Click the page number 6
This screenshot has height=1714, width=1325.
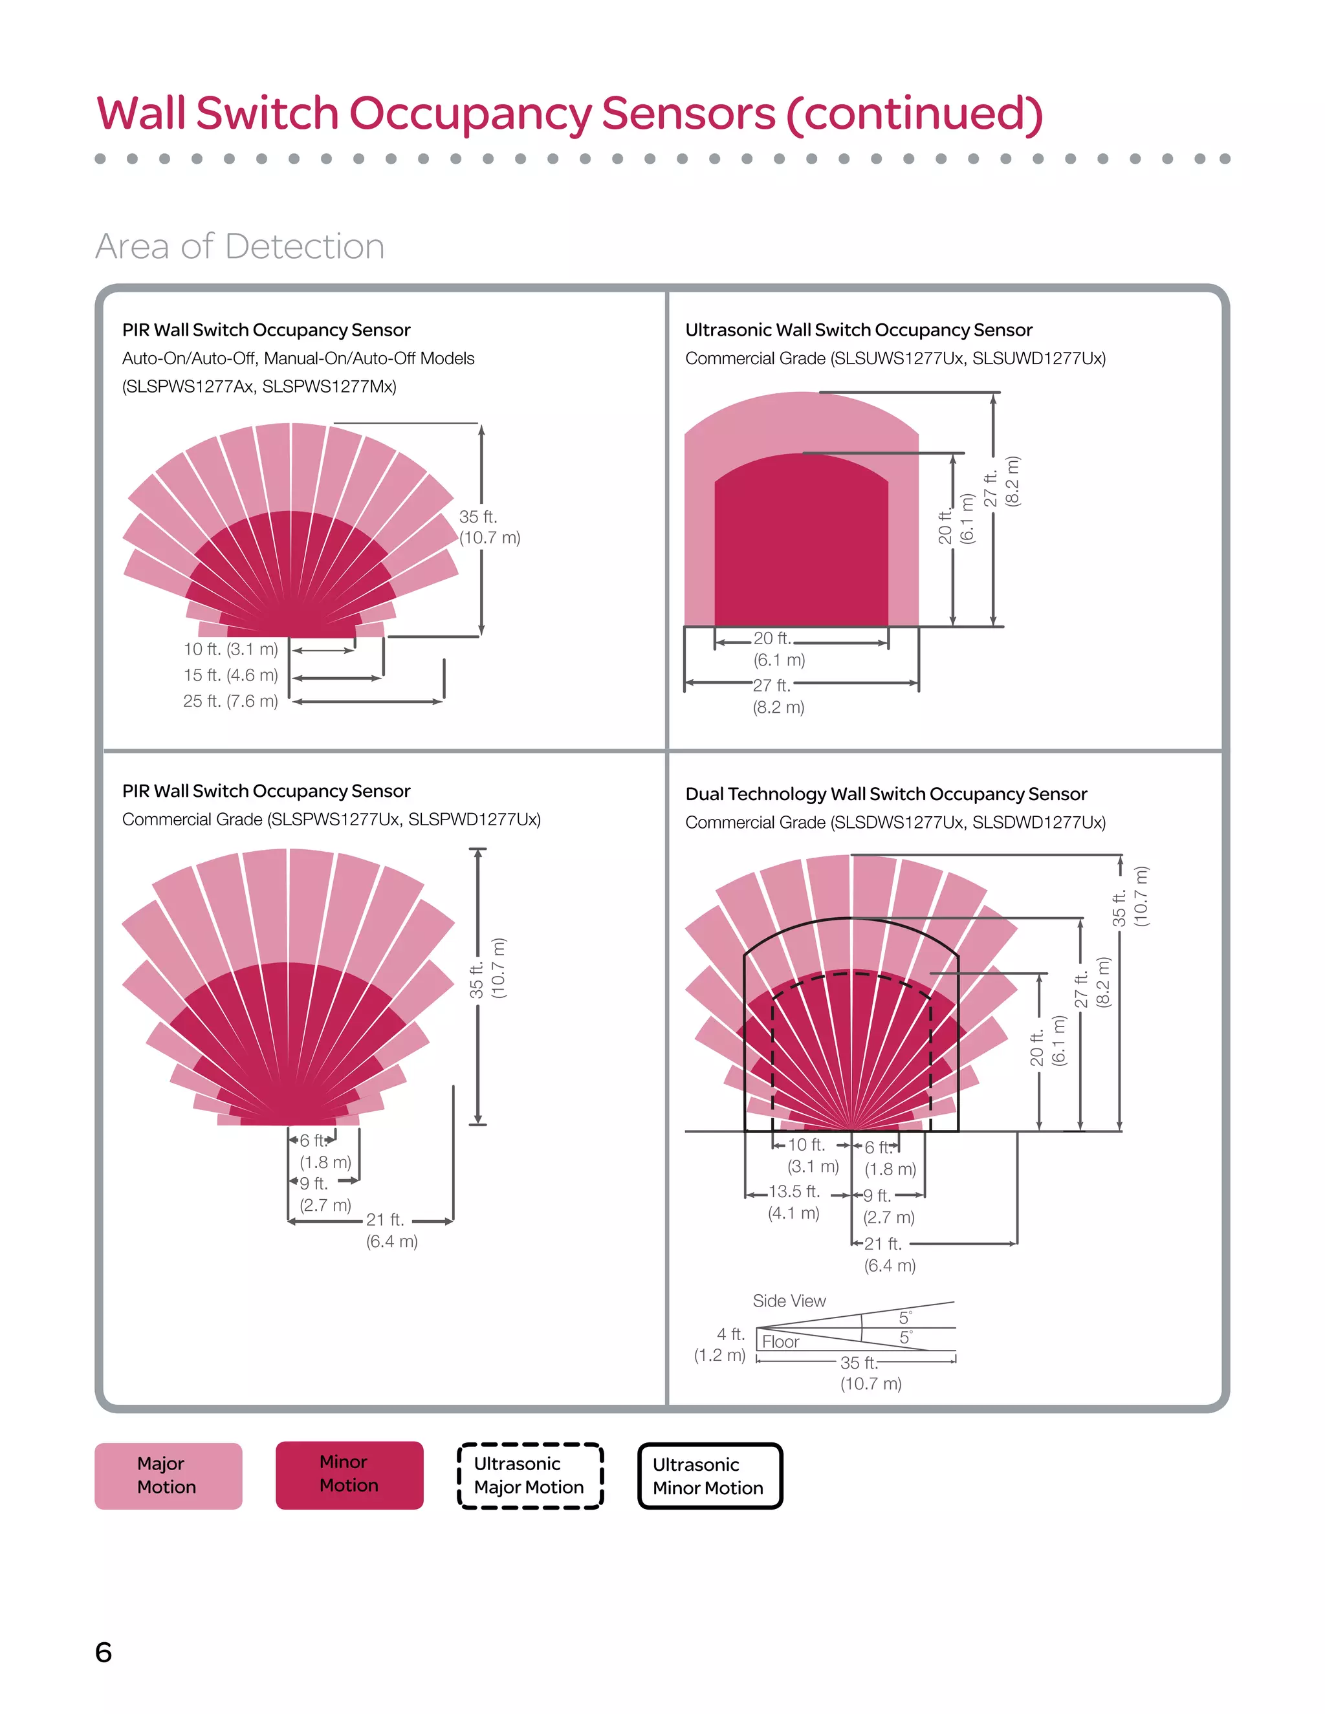click(104, 1652)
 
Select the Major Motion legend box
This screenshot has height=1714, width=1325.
click(168, 1475)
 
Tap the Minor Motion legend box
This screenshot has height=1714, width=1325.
click(349, 1474)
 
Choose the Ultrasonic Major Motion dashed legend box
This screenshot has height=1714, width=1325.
click(530, 1475)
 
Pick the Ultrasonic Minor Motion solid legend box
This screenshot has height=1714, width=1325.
click(710, 1476)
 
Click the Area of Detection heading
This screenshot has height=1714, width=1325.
click(239, 246)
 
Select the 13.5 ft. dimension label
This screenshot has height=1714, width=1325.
click(794, 1191)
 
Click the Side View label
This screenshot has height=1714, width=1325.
click(789, 1301)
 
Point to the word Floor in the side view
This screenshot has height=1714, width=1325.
click(780, 1342)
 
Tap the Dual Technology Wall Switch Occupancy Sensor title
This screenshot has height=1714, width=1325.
click(886, 794)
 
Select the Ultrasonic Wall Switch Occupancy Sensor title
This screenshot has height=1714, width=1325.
click(858, 330)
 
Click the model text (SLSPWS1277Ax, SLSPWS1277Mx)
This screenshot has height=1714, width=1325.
click(259, 386)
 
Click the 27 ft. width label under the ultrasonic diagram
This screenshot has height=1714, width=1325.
click(772, 685)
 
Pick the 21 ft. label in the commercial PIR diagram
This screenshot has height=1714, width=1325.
click(386, 1220)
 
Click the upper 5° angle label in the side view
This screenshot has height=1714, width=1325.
click(905, 1317)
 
